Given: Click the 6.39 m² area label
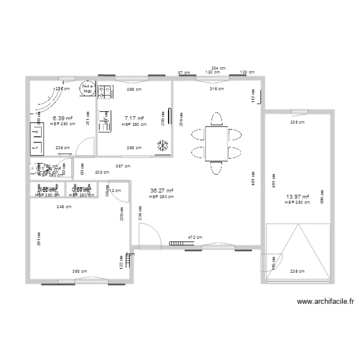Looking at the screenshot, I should coord(62,118).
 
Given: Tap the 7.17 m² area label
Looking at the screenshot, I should coord(134,118).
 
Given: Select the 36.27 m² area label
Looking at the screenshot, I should coord(161,191).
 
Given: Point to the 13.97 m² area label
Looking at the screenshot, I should coord(297,196).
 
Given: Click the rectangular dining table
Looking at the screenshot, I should coord(217,144).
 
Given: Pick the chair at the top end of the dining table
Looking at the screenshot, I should coord(217,119).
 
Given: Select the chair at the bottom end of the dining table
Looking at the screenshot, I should coord(217,168).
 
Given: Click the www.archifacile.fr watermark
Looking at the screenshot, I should coord(326,302).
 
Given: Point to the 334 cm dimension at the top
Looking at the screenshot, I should coord(219,68).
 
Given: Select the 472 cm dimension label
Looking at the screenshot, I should coord(195,237).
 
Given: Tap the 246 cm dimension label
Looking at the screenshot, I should coord(64,207).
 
